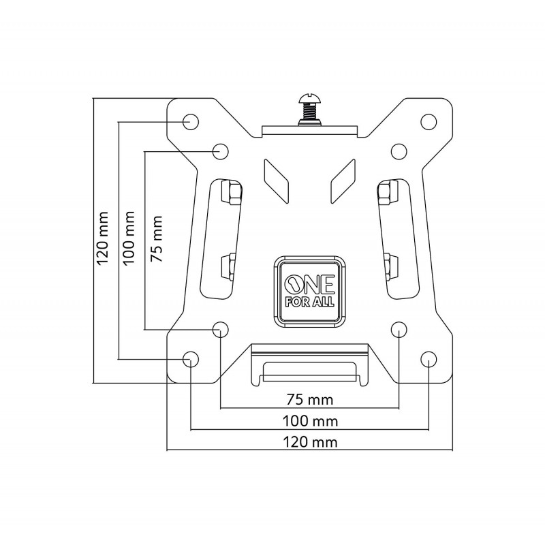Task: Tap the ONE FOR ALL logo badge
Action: click(309, 292)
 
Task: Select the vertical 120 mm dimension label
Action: click(103, 238)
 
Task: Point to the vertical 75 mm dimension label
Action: click(156, 239)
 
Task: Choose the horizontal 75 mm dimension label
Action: click(310, 399)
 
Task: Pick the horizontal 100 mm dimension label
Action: click(310, 421)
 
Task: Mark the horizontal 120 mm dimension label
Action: click(310, 442)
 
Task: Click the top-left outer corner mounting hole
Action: click(191, 122)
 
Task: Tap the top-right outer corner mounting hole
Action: click(429, 122)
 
